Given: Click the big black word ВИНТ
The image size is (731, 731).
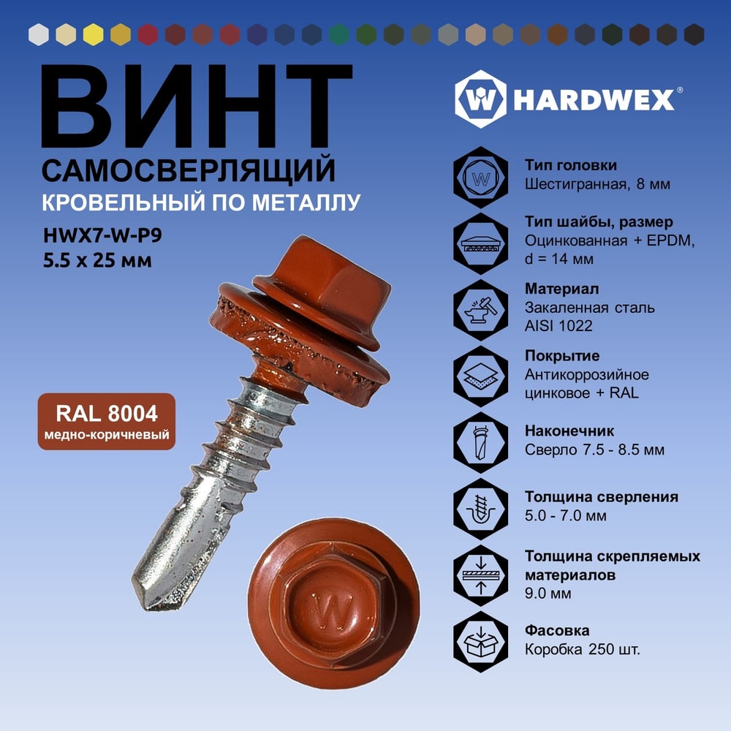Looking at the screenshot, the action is tap(196, 106).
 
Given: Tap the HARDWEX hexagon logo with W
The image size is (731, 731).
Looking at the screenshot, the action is tap(481, 99).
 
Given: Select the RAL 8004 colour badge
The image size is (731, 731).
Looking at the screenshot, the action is tap(107, 422).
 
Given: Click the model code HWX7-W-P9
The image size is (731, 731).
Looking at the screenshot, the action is tap(102, 235).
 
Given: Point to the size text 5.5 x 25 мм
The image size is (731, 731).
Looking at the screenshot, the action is tap(97, 260).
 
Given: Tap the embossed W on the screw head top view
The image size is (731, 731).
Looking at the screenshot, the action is tap(332, 609).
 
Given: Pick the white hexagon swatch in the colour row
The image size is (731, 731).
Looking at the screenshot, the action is tap(38, 34).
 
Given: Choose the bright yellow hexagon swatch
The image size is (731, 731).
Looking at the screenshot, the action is tap(94, 34).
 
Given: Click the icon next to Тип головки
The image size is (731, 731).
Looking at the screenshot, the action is tap(481, 178).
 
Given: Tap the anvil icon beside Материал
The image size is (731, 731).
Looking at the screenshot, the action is tap(481, 310).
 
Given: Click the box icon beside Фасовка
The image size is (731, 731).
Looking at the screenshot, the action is tap(481, 642).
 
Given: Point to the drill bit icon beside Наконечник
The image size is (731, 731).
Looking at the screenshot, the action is tap(481, 443).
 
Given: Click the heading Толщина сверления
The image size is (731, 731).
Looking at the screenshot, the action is tap(602, 497).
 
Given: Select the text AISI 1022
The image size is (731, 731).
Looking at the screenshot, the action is tap(558, 326).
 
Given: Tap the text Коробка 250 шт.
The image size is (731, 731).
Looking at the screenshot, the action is tap(583, 649).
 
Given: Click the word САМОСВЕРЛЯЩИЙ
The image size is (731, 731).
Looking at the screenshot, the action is tap(189, 170).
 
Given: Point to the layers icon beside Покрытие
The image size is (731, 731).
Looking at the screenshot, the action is tap(481, 376).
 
